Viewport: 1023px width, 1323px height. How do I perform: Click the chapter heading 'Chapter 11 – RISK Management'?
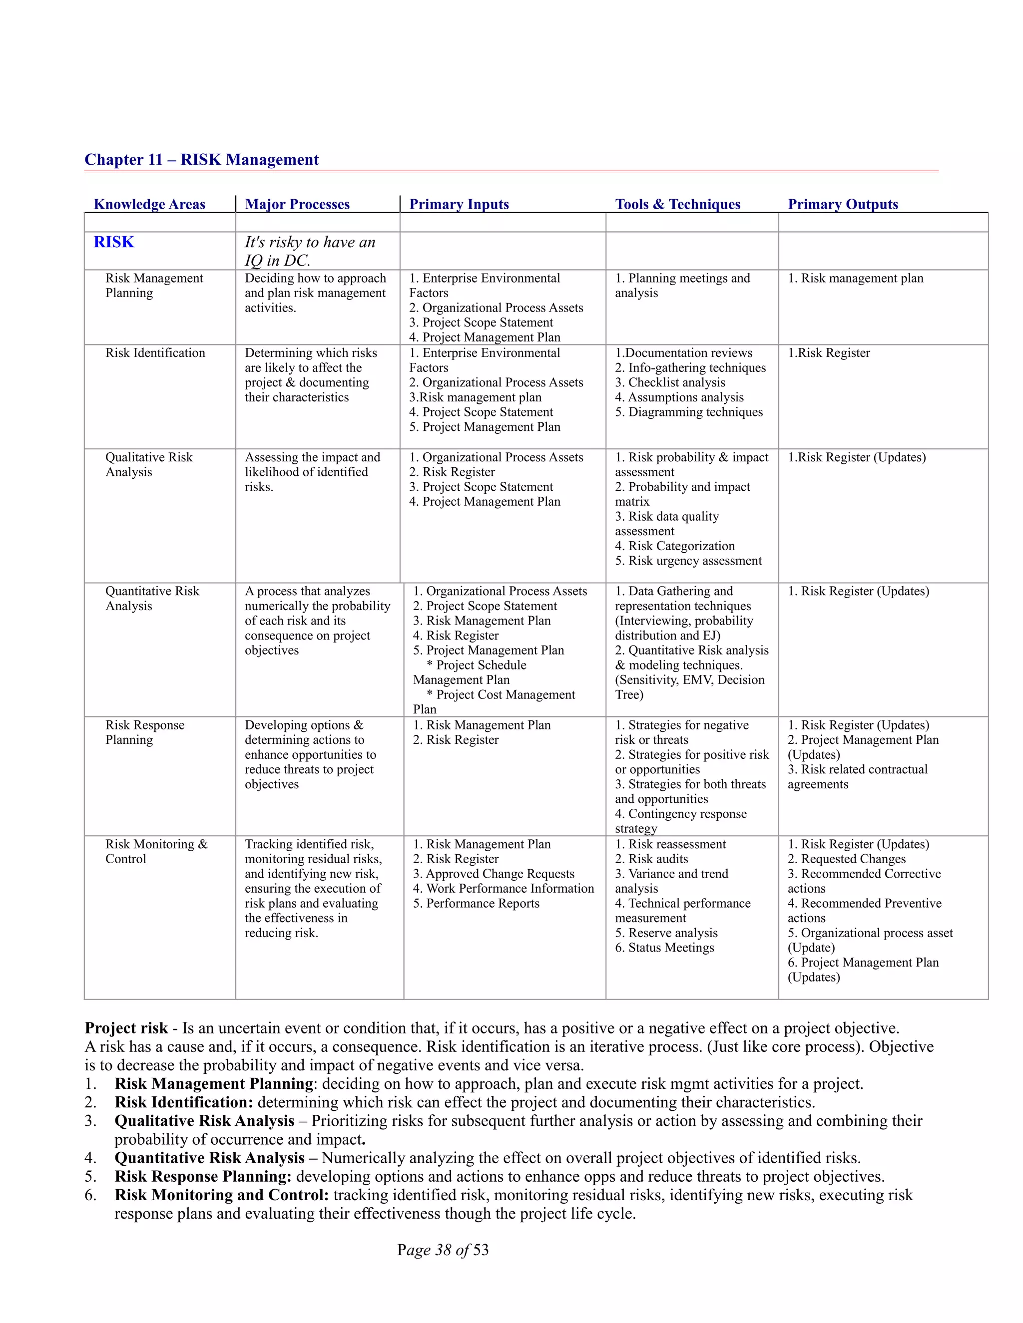click(201, 159)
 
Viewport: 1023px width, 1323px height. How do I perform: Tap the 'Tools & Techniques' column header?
click(677, 204)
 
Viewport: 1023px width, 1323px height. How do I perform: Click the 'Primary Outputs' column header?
click(842, 204)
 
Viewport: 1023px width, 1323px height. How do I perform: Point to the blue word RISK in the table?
click(114, 242)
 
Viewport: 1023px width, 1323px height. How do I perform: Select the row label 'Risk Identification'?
click(155, 353)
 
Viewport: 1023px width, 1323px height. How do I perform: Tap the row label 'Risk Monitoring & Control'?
click(156, 851)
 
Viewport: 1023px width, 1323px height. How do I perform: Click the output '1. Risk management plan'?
click(855, 278)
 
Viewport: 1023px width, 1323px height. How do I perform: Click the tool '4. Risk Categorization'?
click(674, 546)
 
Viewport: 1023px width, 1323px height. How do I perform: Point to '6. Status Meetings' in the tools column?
click(664, 948)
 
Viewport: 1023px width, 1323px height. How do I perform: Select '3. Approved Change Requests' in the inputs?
click(494, 874)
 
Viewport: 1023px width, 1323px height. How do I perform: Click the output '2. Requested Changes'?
click(846, 859)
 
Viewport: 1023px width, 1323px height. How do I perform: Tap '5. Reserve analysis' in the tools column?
click(666, 933)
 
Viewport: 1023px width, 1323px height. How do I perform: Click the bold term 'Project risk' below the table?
click(126, 1028)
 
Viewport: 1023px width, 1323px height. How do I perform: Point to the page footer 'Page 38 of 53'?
click(443, 1250)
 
